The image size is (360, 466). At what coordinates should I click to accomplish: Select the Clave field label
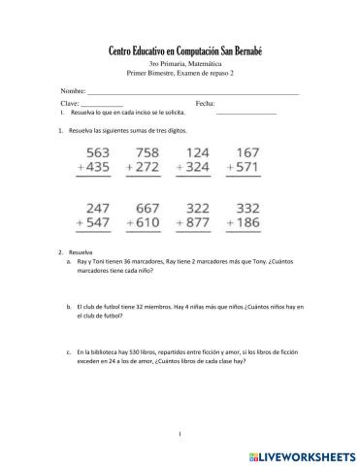pos(70,102)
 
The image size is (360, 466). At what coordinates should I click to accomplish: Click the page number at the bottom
pos(180,432)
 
